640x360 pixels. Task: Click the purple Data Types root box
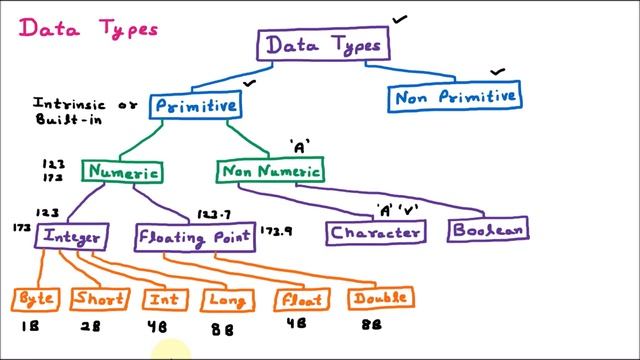click(x=323, y=46)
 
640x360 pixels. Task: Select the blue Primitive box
click(x=196, y=105)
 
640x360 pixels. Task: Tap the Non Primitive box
click(x=455, y=97)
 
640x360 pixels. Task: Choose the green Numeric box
click(x=123, y=172)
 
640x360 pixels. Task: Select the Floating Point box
click(x=196, y=237)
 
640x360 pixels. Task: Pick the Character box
click(x=375, y=233)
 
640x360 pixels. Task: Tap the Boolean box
click(x=487, y=230)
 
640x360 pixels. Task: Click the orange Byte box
click(x=37, y=299)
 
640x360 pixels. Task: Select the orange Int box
click(x=166, y=299)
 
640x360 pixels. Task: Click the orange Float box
click(x=302, y=299)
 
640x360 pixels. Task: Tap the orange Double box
click(x=380, y=298)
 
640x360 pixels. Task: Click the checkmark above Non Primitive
click(x=497, y=73)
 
